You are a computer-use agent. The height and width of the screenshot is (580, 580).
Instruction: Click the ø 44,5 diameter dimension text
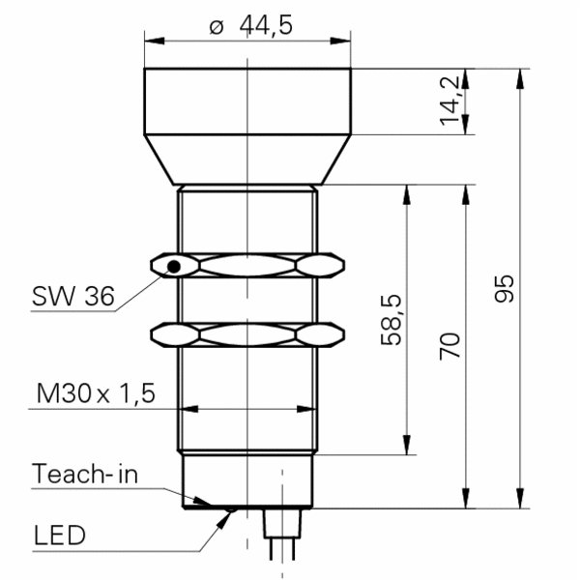[250, 26]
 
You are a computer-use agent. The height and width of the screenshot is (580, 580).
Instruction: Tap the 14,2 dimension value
[449, 101]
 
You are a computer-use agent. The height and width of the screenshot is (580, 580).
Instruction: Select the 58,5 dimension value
[391, 320]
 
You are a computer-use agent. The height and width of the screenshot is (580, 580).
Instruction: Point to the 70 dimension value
[449, 346]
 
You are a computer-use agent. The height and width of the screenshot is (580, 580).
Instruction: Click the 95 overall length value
[505, 289]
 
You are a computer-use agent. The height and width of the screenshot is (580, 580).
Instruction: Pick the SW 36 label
[73, 296]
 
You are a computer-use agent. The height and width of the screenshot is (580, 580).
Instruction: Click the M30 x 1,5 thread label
[96, 392]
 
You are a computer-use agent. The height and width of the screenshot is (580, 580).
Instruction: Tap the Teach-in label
[85, 474]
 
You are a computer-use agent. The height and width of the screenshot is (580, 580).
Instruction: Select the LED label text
[60, 536]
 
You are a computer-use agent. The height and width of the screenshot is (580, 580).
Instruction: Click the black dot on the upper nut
[174, 267]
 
